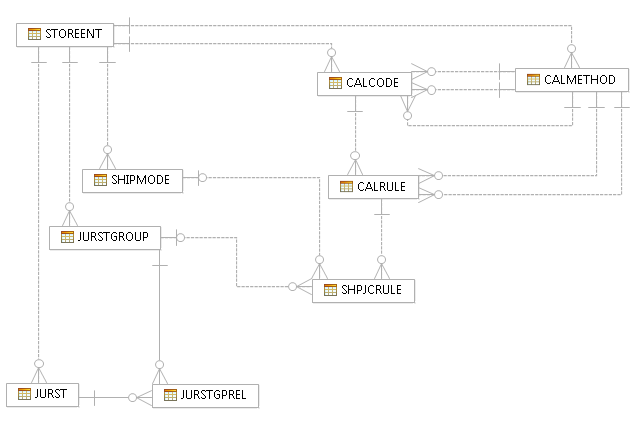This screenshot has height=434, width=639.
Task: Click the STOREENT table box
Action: (x=66, y=34)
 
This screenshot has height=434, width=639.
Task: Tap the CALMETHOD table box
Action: (x=571, y=79)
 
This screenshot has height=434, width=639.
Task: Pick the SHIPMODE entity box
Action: (x=132, y=180)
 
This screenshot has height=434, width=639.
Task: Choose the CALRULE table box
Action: (x=373, y=186)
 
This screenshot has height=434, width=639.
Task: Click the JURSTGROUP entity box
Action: (x=105, y=237)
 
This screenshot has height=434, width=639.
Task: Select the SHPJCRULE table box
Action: (x=363, y=290)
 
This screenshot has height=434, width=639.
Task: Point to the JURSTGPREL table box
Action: (x=205, y=395)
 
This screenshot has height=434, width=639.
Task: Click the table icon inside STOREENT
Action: (x=34, y=34)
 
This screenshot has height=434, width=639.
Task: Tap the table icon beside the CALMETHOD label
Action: (x=533, y=79)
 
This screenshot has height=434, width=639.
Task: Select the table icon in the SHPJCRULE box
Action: (x=330, y=290)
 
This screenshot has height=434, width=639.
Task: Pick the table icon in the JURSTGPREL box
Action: (x=169, y=395)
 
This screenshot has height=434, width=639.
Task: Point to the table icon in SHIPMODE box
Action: (x=100, y=180)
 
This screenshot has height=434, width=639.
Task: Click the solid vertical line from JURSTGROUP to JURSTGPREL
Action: (x=158, y=310)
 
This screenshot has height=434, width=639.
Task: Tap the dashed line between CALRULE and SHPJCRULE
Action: (x=380, y=235)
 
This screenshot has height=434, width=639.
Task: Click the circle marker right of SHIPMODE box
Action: (x=202, y=178)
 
